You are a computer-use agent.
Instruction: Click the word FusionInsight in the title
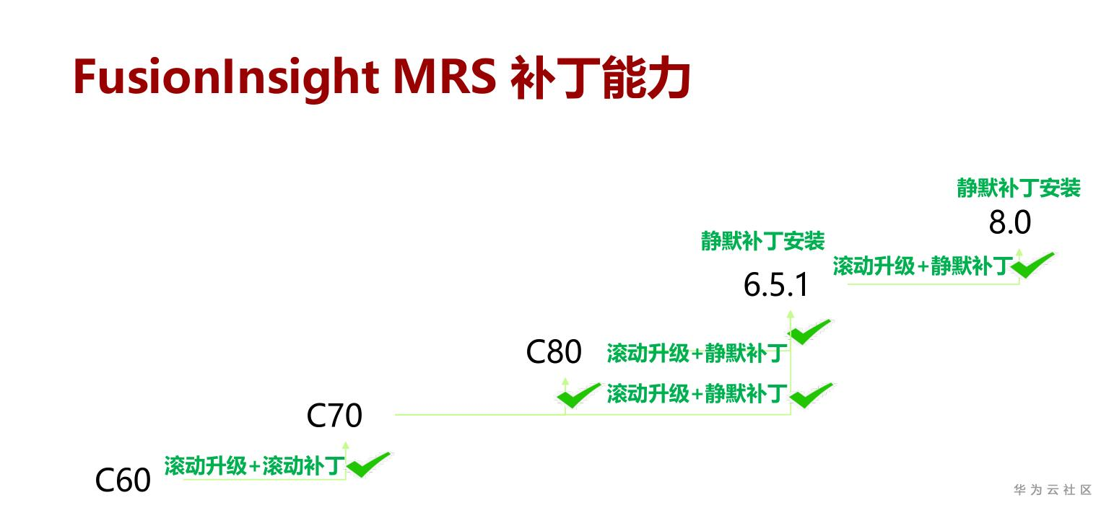[x=226, y=79]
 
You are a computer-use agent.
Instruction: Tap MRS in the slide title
[x=445, y=76]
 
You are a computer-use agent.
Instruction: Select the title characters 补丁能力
[x=600, y=78]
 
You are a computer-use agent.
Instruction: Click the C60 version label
[x=123, y=480]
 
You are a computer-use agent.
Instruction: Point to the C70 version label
[x=334, y=416]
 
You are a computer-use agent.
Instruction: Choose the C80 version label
[x=554, y=351]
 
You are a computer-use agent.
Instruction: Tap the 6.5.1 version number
[x=775, y=284]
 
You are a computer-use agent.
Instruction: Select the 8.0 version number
[x=1009, y=222]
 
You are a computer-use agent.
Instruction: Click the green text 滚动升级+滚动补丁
[x=254, y=465]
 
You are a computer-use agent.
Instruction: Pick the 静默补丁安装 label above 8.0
[x=1019, y=188]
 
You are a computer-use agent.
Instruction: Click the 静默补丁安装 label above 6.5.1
[x=762, y=241]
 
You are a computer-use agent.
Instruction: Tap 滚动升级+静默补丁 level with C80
[x=697, y=354]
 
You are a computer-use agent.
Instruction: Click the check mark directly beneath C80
[x=578, y=395]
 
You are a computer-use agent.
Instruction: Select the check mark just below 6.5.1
[x=809, y=332]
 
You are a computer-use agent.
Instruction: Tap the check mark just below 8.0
[x=1032, y=266]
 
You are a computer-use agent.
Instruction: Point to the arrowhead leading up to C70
[x=346, y=445]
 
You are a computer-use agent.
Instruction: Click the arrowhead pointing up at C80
[x=565, y=381]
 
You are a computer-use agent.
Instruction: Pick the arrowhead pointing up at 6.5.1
[x=791, y=314]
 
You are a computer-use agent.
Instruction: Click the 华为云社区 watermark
[x=1053, y=490]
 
